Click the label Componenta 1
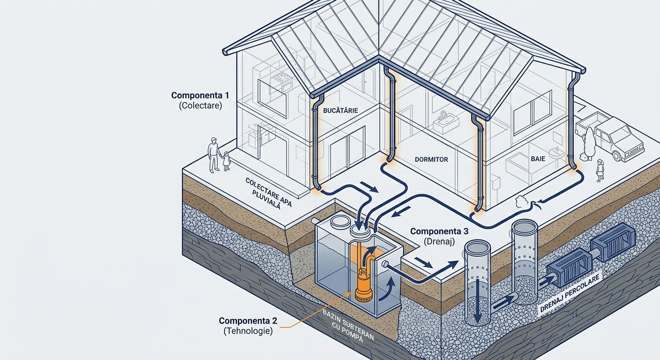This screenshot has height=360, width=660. point(200,96)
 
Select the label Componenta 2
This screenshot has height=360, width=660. point(248,321)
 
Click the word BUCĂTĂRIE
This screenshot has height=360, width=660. point(341,111)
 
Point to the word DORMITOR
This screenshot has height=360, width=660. point(431,159)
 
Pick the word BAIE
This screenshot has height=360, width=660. point(538,159)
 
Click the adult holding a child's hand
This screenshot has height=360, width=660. point(214,154)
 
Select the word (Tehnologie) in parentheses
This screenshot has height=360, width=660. point(248,331)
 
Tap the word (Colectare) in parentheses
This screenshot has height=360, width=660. point(200,106)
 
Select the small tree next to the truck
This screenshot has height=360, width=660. point(589,143)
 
